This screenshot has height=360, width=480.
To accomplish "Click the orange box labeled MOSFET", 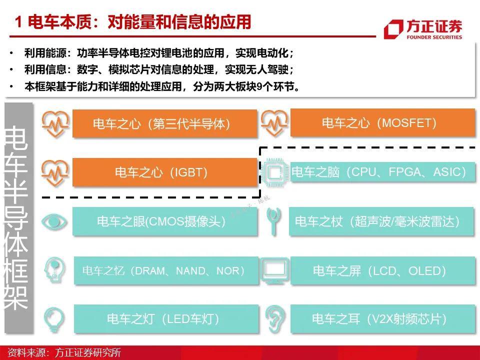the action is point(382,123).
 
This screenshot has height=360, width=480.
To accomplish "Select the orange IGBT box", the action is point(164,172).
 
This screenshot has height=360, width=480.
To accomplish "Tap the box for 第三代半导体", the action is point(164,123).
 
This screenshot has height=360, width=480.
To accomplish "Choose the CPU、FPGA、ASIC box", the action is point(382,172).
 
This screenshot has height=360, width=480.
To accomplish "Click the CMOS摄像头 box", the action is point(164,221).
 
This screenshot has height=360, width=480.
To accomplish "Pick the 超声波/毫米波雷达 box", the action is point(382,221).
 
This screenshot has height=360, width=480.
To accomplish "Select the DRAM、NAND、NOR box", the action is point(166,270).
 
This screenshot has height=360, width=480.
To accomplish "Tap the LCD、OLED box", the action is point(382,270).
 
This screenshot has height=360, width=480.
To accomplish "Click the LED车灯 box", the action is point(166,319).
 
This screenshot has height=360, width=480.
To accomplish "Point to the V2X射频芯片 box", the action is point(382,319).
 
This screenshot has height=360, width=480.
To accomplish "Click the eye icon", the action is point(54,221).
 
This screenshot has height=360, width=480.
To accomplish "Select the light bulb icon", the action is point(54,319).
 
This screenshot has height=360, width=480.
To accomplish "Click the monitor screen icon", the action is point(275,270).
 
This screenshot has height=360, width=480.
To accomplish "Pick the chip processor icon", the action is point(274,172).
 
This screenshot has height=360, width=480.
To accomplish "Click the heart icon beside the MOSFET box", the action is point(274,122).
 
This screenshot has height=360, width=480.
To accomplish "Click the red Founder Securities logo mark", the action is point(393,29).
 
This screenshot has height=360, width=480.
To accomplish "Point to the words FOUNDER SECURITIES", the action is point(434,37).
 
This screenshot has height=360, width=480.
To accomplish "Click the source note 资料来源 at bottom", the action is point(64,352).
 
